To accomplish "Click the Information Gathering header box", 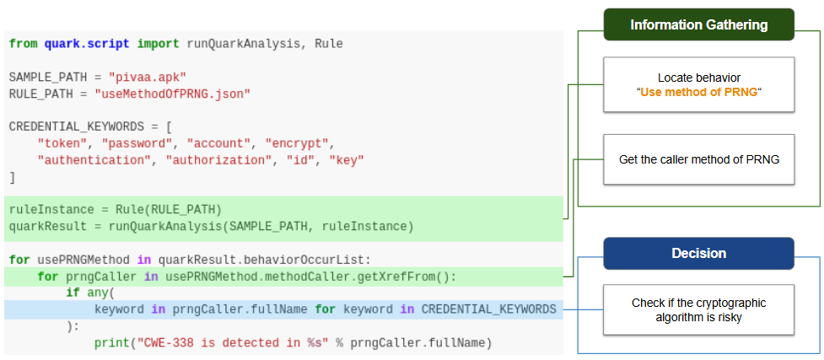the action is tap(698, 24).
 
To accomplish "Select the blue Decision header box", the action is tap(698, 253).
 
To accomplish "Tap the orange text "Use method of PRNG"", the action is tap(699, 93).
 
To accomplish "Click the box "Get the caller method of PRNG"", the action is tap(698, 159).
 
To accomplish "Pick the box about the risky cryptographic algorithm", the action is tap(698, 310).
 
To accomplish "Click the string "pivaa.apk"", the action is tap(148, 77).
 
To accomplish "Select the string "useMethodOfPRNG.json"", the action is tap(172, 94).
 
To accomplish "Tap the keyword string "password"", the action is tap(137, 143).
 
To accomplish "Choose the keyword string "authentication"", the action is tap(94, 160).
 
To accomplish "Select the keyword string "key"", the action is tap(347, 160).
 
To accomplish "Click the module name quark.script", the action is tap(87, 44).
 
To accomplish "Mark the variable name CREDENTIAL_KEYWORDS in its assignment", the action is tap(77, 126).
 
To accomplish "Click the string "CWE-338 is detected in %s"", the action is tap(233, 343).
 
